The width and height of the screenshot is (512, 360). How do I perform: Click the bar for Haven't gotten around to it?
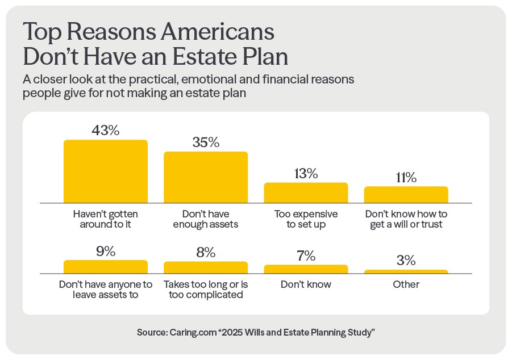[105, 171]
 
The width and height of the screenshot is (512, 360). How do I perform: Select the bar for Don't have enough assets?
[206, 177]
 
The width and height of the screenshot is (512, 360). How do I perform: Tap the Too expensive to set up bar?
[306, 192]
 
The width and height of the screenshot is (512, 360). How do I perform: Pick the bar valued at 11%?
[406, 194]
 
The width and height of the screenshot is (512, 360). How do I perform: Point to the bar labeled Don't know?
[306, 269]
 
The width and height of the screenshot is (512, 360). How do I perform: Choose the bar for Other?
[406, 272]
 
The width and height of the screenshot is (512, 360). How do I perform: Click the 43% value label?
[105, 130]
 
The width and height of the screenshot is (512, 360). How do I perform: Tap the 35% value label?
[206, 142]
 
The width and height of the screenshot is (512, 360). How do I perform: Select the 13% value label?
[306, 173]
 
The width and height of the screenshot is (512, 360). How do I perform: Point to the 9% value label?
[105, 250]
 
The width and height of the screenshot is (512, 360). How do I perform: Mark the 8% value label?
[206, 252]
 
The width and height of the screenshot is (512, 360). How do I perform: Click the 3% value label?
[406, 261]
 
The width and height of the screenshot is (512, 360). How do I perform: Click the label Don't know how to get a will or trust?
[406, 219]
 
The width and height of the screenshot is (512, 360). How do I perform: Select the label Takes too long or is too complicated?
[206, 289]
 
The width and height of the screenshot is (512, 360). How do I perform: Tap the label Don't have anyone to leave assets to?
[105, 289]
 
